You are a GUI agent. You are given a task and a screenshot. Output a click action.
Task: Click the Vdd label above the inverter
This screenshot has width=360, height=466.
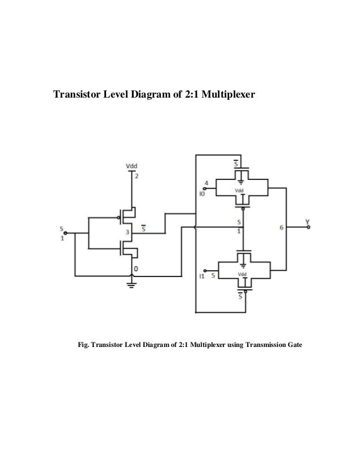pyautogui.click(x=131, y=166)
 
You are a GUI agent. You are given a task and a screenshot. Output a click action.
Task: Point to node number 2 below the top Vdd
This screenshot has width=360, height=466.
pyautogui.click(x=135, y=175)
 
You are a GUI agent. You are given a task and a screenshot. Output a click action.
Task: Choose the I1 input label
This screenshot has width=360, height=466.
pyautogui.click(x=201, y=276)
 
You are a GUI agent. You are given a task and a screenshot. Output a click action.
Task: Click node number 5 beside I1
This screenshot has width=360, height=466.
pyautogui.click(x=212, y=276)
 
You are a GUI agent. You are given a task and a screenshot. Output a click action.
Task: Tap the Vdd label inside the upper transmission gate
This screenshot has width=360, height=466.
pyautogui.click(x=239, y=191)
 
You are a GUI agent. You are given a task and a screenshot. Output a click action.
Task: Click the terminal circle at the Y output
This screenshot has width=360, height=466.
pyautogui.click(x=308, y=227)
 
